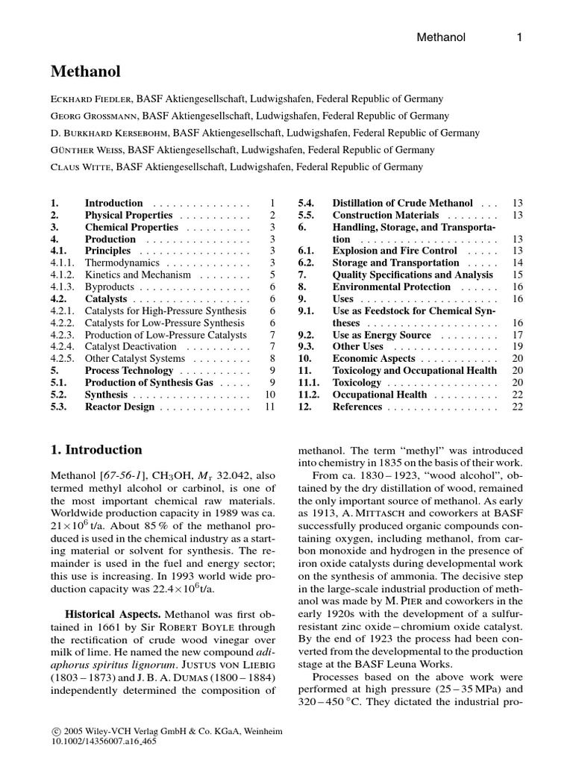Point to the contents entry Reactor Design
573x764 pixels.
pos(119,407)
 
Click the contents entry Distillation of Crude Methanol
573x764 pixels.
pos(402,203)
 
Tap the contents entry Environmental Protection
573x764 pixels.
pos(392,286)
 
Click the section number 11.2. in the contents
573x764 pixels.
pos(310,394)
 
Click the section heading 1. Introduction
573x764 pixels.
pos(96,450)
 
